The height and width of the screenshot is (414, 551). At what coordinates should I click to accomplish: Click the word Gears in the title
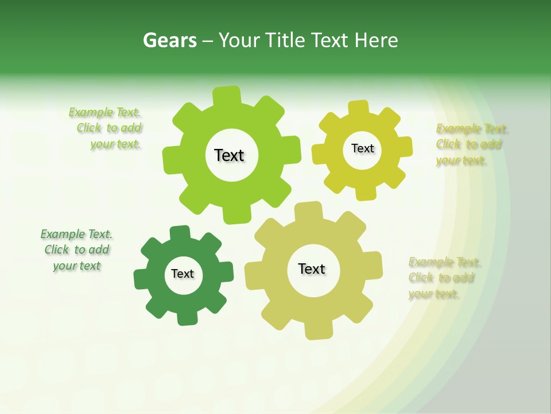169,40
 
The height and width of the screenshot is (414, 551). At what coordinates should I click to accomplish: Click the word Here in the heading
376,40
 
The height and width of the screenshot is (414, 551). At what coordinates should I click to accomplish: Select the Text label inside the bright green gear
229,155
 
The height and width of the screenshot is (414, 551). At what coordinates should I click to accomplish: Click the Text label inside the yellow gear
362,148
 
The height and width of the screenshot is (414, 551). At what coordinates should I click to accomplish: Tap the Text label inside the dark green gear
183,274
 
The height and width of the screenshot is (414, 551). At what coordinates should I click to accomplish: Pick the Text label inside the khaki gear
312,269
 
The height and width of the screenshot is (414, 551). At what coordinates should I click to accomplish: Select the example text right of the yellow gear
471,144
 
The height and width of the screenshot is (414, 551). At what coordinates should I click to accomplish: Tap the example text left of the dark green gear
76,250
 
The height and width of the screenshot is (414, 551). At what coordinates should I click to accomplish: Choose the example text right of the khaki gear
444,278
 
